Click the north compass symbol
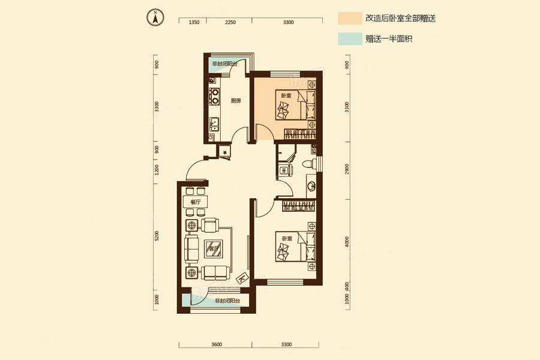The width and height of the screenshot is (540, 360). point(155,17)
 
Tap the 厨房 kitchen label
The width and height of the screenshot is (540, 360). point(236,101)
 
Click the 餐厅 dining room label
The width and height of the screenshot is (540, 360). point(195,202)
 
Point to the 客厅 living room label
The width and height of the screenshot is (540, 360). point(211,247)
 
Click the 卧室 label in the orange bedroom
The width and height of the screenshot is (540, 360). point(286,95)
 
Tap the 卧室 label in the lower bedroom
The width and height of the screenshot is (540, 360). point(286,238)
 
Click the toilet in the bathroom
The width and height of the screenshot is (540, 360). point(308,163)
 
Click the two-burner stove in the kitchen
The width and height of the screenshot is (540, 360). point(214,97)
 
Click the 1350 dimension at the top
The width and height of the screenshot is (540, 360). point(194,22)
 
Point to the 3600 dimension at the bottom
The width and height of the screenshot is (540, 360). point(217,344)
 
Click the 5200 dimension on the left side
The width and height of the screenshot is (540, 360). point(157,237)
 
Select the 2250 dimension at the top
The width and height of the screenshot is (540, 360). point(230,22)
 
